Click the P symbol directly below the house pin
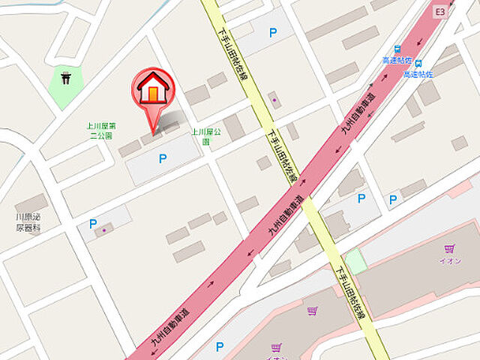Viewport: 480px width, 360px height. point(162,158)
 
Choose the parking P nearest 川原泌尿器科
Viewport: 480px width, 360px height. point(93,223)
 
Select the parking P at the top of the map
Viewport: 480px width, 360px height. point(273,33)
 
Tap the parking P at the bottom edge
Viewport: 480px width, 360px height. point(220,346)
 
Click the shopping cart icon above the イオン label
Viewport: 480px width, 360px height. point(449,248)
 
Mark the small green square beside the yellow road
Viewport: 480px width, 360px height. point(355,262)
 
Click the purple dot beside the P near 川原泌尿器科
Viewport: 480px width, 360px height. point(104,230)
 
